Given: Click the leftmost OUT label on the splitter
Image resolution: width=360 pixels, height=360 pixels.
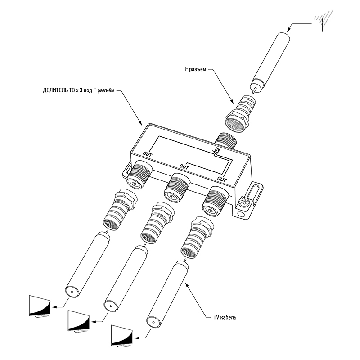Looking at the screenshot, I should [148, 154].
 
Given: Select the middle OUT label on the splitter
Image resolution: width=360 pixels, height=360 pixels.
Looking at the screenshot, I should [184, 167].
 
